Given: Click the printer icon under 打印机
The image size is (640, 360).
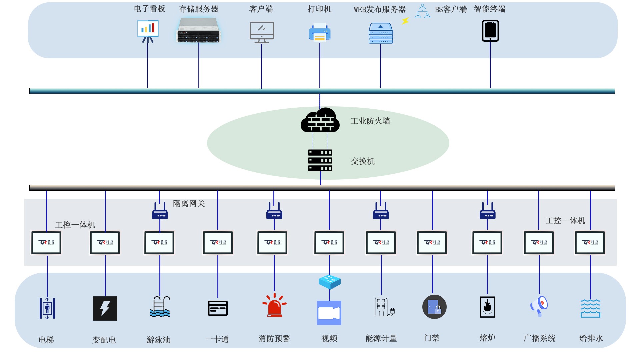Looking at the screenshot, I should coord(319,32).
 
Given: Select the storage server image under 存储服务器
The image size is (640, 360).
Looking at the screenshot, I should coord(199,31).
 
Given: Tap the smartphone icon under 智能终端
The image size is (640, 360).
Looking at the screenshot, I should coord(490,31).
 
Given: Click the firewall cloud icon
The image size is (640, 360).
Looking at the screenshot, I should coord(320,120).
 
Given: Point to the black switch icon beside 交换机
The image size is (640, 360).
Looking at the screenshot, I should coord(320,160).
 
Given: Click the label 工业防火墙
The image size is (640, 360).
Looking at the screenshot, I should coord(370,121).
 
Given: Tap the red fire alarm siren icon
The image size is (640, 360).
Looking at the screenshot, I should coord(274,305).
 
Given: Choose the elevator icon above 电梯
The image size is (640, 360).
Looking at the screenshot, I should coord(47,308).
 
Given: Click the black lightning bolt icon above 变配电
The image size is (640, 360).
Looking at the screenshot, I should coord(105,308).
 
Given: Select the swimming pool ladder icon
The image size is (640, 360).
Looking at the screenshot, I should coord(160,307).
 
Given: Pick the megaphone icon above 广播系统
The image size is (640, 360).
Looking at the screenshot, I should coord(539,306).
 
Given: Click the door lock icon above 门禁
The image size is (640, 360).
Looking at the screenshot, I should coord(434,307).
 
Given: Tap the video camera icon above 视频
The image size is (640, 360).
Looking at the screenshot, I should coord(329,313).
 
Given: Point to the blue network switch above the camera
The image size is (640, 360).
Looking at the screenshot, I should coord(330,282).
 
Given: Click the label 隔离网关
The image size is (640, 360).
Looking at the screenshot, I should coord(189,204).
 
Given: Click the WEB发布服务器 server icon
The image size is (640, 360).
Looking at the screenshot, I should coord(381,33).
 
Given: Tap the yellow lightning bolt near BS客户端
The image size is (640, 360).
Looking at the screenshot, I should coord(405,21).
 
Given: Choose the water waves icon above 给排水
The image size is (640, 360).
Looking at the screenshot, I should coord(590,308).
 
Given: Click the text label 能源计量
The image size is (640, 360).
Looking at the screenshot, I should coord(381,339).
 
